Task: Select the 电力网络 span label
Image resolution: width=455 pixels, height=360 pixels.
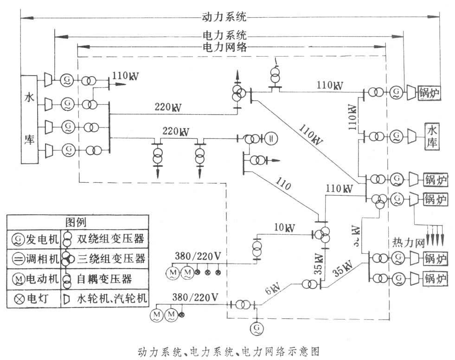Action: click(224, 47)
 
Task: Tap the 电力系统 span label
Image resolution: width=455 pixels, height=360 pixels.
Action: click(224, 35)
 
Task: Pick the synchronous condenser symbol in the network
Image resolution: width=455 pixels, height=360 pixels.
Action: click(271, 138)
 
